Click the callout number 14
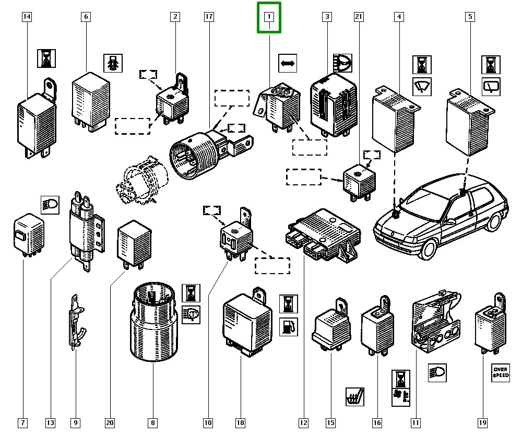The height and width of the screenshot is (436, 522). (x=27, y=17)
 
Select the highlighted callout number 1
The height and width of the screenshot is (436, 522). (x=269, y=17)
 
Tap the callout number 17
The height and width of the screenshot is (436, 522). (x=208, y=17)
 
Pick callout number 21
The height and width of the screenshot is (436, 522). (x=358, y=17)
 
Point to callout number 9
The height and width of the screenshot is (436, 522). (x=75, y=422)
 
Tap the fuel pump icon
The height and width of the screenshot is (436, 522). (x=288, y=327)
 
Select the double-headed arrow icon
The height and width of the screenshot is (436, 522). (x=288, y=64)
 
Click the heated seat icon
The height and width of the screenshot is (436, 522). (x=355, y=396)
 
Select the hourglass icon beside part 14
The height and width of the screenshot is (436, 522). (x=46, y=58)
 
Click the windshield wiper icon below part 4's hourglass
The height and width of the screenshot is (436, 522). (x=422, y=86)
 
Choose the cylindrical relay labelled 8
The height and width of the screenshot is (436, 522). (x=152, y=324)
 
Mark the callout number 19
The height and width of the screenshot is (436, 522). (x=482, y=422)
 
